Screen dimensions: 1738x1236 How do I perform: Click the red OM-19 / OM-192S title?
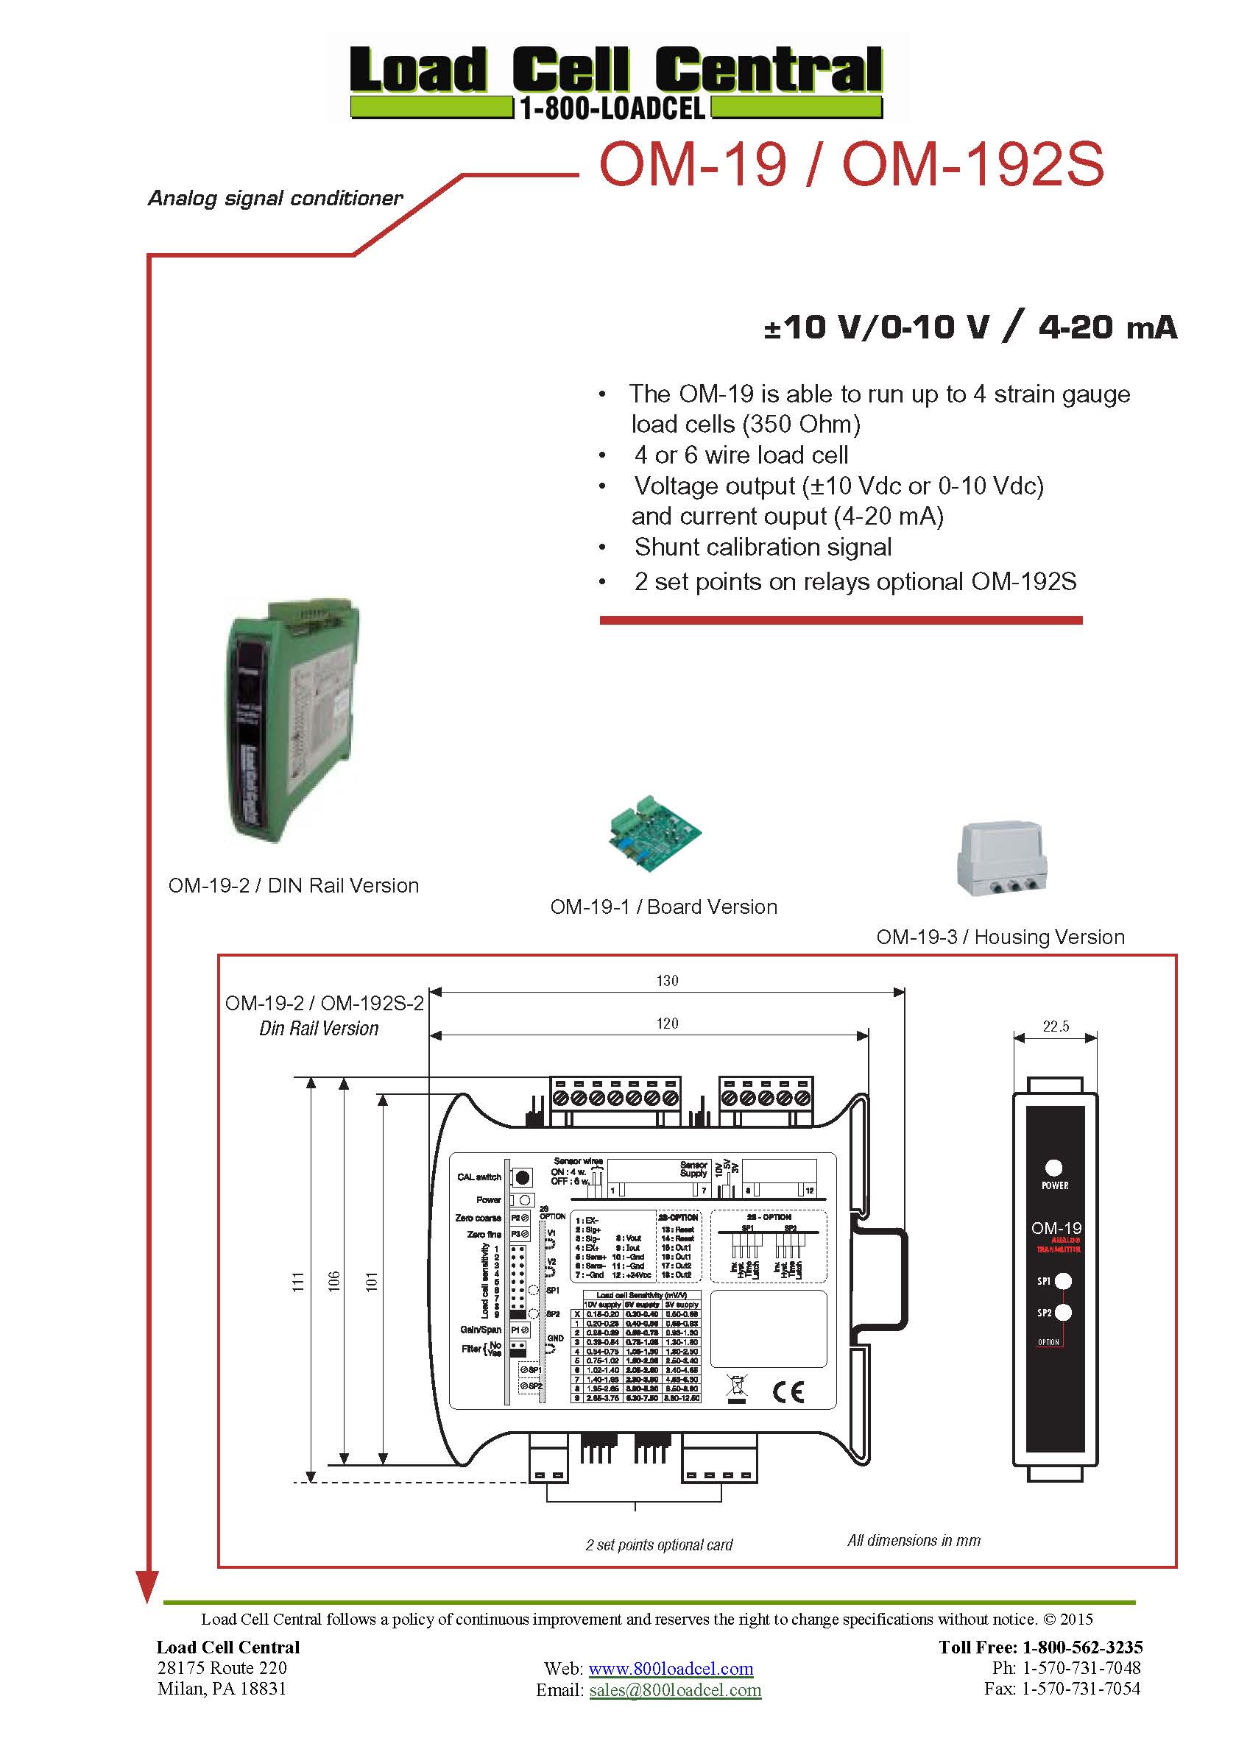(x=850, y=165)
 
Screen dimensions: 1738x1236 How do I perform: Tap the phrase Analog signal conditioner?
(x=275, y=199)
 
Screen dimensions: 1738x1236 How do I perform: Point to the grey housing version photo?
(x=1001, y=857)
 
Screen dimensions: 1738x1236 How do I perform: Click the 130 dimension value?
(x=667, y=980)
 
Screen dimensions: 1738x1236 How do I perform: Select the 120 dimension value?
(x=667, y=1024)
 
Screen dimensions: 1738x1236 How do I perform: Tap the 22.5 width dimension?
(x=1056, y=1026)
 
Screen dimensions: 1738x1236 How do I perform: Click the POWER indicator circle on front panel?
(x=1054, y=1168)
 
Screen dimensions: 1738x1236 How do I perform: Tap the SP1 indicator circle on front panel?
(x=1063, y=1281)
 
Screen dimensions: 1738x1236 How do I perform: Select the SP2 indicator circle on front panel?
(x=1063, y=1312)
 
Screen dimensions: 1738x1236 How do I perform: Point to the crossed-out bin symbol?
(x=737, y=1387)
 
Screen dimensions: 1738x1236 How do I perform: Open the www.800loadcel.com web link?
(x=671, y=1668)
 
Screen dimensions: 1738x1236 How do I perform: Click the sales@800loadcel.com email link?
(x=675, y=1689)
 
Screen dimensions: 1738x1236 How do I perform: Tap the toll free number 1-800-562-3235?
(x=1081, y=1647)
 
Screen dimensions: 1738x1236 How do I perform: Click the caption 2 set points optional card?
(x=658, y=1544)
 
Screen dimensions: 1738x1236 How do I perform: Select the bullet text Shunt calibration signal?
(x=763, y=547)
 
